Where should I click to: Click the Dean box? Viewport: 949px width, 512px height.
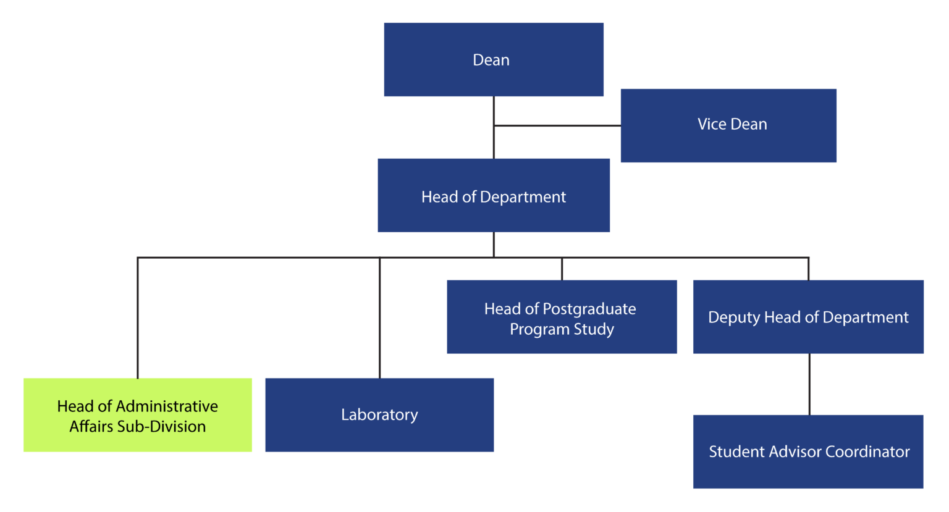click(494, 59)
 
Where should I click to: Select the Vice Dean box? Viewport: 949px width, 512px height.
click(728, 125)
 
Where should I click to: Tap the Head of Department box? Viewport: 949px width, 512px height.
click(494, 195)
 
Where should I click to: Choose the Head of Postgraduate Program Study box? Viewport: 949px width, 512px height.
click(562, 317)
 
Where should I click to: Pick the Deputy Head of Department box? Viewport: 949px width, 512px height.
click(808, 317)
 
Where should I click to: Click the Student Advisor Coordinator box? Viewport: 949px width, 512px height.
click(808, 451)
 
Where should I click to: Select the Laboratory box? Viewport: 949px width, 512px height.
click(379, 414)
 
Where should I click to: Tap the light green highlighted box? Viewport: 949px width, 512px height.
click(138, 415)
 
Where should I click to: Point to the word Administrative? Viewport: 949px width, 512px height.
click(167, 406)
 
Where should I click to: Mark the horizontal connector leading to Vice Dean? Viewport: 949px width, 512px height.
click(557, 125)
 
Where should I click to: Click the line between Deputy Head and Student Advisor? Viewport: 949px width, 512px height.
click(809, 384)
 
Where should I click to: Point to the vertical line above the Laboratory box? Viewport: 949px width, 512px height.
click(379, 318)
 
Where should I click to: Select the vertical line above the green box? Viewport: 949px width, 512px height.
click(138, 318)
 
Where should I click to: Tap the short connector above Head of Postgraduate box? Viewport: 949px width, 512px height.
click(562, 269)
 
